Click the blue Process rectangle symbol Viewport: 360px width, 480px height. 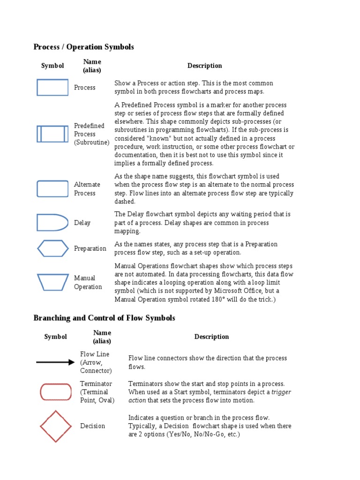(x=52, y=87)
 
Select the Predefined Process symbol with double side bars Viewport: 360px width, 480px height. (x=52, y=134)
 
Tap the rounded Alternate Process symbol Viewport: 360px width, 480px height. (x=52, y=188)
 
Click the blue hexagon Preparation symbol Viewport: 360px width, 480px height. (x=52, y=248)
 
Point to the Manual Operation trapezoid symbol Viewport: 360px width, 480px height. (x=52, y=282)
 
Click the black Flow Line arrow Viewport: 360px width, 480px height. (x=55, y=362)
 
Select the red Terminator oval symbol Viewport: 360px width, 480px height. (x=56, y=392)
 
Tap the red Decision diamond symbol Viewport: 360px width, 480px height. (x=56, y=426)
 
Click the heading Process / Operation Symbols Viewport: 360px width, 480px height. (x=84, y=47)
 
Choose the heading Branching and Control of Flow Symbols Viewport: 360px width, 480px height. (x=104, y=318)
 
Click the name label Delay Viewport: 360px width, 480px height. (x=82, y=223)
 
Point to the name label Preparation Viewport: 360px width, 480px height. (x=90, y=248)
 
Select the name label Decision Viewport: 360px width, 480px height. (x=92, y=426)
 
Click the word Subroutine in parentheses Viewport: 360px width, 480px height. (x=92, y=142)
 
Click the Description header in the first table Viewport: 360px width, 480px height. (x=204, y=66)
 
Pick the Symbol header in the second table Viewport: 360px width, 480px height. (x=56, y=337)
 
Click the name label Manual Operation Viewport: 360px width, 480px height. (x=88, y=282)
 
